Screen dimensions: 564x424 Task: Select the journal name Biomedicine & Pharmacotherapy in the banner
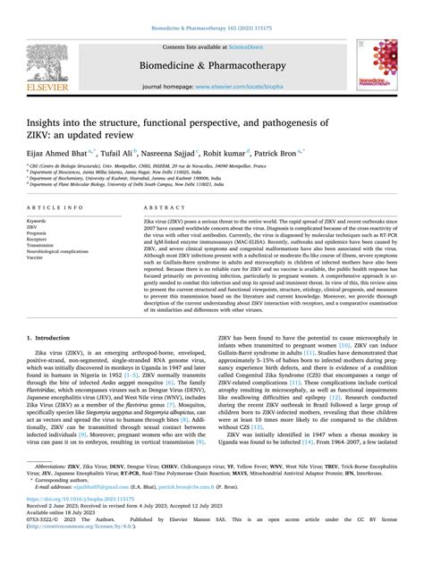(212, 64)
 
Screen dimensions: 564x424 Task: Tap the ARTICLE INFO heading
(62, 207)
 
